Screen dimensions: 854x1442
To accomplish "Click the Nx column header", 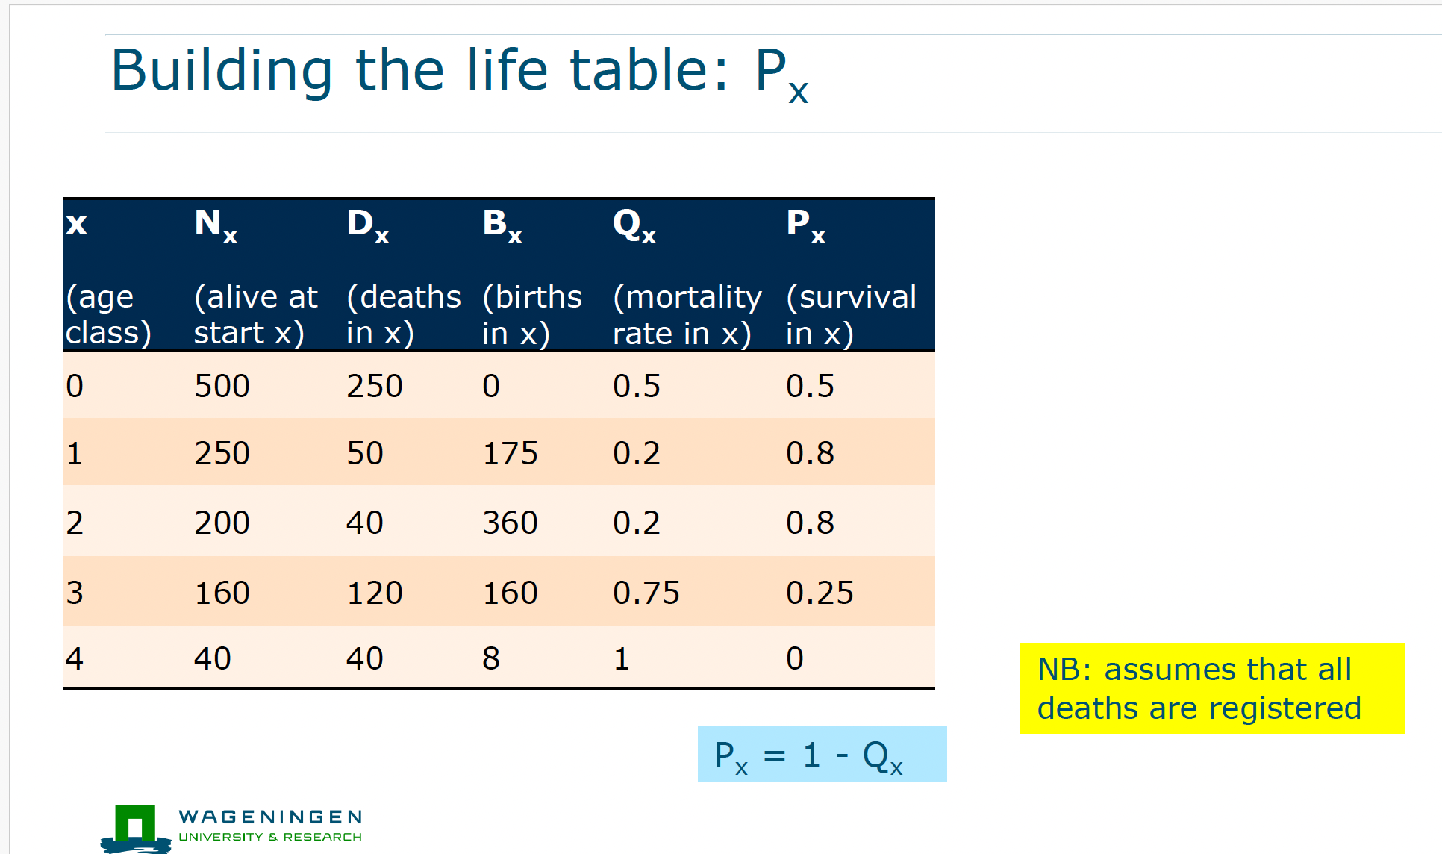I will [x=215, y=224].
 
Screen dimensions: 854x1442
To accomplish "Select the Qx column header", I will [x=634, y=224].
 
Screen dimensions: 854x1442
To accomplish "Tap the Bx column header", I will [x=502, y=224].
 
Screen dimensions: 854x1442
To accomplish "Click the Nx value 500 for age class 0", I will [x=222, y=386].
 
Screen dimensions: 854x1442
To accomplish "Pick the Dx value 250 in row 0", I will [x=374, y=386].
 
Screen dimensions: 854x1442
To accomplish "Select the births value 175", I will [x=510, y=453].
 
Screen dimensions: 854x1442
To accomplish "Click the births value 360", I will [x=510, y=523].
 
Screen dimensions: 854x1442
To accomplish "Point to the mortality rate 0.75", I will [x=646, y=593].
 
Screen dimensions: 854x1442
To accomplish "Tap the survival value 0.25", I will [x=819, y=593].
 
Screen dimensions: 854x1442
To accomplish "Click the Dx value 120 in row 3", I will [x=374, y=593].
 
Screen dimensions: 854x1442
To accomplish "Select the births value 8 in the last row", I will [x=490, y=658].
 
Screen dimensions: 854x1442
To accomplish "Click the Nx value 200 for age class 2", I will [x=222, y=523].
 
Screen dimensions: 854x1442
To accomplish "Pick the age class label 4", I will [x=74, y=658].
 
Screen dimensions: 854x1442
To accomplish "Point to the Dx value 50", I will [x=364, y=453].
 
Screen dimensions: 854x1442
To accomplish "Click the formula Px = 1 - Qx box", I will [x=821, y=755].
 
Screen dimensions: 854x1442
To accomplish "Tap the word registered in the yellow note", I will [x=1285, y=708].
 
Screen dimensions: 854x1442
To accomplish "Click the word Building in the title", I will [x=222, y=70].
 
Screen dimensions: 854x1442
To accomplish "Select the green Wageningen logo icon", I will [x=135, y=827].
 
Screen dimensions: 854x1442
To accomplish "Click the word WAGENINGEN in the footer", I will [x=270, y=817].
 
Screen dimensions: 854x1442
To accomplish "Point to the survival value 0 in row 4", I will [x=794, y=658].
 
